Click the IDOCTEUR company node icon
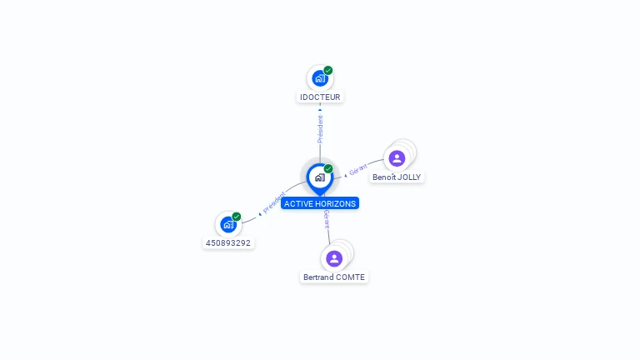pos(319,78)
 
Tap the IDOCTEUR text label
pos(320,97)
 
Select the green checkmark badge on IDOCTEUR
pos(328,71)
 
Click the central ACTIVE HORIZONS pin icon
pos(319,177)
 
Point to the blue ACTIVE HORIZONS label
pos(320,203)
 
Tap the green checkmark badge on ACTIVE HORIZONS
pos(328,168)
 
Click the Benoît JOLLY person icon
pos(397,158)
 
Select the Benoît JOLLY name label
pos(397,177)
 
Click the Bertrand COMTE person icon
pos(334,258)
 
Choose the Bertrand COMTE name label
pos(334,277)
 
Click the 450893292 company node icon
pos(227,224)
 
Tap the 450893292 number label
pos(227,243)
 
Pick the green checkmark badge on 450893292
pos(237,217)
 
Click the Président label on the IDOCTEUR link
pos(320,128)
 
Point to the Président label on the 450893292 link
pos(273,202)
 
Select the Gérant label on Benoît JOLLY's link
pos(357,169)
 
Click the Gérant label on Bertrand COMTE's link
pos(327,218)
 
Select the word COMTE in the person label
pos(349,277)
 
